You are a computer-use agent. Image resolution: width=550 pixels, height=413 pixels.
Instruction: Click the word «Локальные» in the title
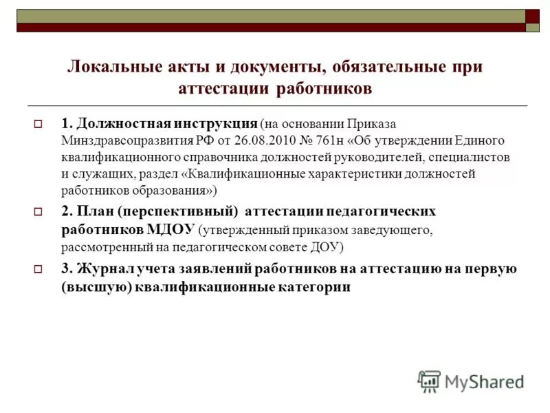click(110, 67)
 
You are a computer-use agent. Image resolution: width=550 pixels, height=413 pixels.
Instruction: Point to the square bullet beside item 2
click(38, 211)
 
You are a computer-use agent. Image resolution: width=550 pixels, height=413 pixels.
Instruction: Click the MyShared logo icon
click(428, 381)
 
